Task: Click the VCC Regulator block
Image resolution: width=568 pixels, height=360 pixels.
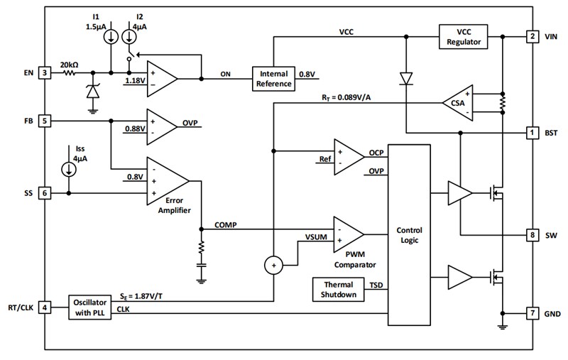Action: click(x=464, y=36)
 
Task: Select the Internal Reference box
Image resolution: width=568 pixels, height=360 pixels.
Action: click(x=273, y=78)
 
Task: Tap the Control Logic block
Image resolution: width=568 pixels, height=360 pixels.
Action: click(x=410, y=235)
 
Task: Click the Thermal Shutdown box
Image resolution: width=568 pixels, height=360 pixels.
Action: click(x=335, y=290)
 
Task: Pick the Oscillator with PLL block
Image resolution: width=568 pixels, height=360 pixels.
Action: click(x=94, y=307)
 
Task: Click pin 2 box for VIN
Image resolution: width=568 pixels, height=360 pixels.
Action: click(x=531, y=36)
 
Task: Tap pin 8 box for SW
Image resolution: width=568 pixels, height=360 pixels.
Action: click(x=531, y=234)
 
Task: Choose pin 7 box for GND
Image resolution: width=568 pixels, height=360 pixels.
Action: click(x=531, y=313)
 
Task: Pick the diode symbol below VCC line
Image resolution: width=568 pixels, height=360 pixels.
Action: click(x=406, y=78)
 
